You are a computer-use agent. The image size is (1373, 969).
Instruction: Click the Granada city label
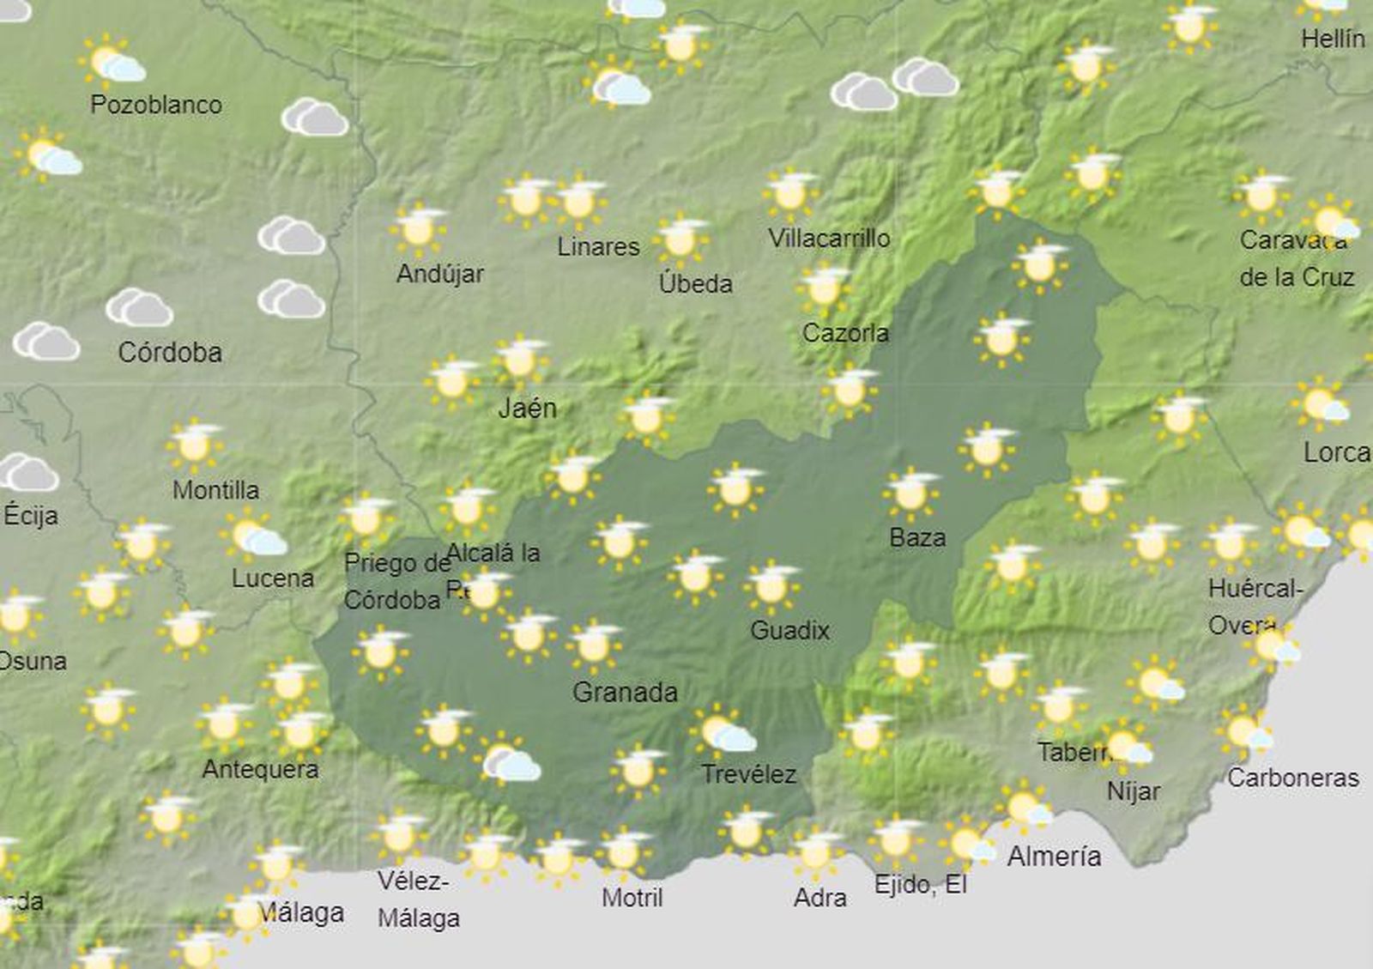(625, 692)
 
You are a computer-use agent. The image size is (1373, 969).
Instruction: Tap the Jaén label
(527, 408)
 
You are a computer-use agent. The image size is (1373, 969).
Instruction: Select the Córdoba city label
(170, 352)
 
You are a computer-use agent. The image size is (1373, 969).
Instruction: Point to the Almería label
(1054, 856)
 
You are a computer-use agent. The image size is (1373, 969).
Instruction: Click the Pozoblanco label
(156, 105)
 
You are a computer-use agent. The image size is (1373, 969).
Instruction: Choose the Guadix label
(789, 630)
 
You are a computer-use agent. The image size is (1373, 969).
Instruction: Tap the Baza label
(917, 537)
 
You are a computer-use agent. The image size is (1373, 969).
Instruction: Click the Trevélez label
(749, 774)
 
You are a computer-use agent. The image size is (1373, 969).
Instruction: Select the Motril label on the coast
(632, 898)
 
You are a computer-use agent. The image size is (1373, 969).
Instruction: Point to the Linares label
(598, 247)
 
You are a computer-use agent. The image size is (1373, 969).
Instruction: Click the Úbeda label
(695, 283)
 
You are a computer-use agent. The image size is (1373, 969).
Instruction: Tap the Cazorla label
(845, 333)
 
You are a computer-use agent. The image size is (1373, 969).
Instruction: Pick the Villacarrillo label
(829, 238)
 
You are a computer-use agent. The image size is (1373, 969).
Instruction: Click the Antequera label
(260, 769)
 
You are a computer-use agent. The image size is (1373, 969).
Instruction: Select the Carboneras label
(1292, 778)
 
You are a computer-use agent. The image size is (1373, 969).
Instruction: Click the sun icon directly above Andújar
(418, 228)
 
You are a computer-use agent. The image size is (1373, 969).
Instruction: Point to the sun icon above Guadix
(771, 585)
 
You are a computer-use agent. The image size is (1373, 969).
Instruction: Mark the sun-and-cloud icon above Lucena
(254, 536)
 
